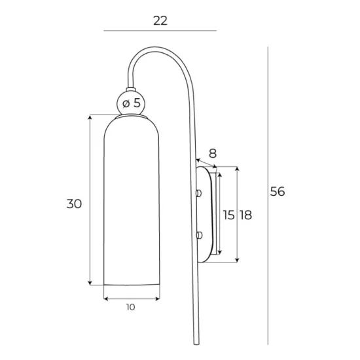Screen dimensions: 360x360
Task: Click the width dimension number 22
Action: [x=160, y=20]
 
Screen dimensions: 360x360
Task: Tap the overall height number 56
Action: [x=278, y=192]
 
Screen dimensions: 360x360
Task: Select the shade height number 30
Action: [x=74, y=204]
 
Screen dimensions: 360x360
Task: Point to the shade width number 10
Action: [x=131, y=307]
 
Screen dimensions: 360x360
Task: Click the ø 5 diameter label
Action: [x=132, y=103]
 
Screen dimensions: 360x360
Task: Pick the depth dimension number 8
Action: [x=212, y=154]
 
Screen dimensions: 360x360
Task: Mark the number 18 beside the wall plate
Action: [x=246, y=215]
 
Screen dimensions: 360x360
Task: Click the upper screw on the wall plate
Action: [x=199, y=194]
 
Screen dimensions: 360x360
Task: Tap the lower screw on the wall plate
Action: [x=199, y=234]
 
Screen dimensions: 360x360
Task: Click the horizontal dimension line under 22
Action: [x=160, y=31]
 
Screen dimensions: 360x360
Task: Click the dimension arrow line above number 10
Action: [x=132, y=298]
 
